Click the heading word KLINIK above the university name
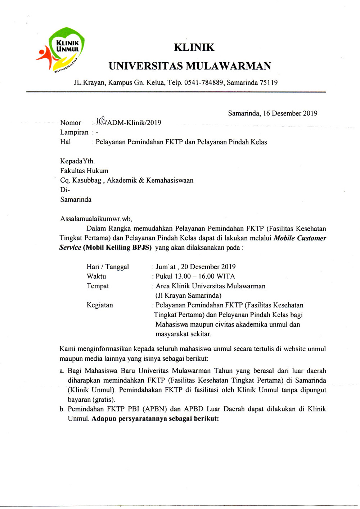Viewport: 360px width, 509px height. click(194, 48)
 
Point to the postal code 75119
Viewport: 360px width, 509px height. click(269, 83)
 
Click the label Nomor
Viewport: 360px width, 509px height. click(71, 123)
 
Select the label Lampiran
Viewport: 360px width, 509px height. click(74, 132)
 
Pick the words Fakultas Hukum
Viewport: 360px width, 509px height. click(84, 171)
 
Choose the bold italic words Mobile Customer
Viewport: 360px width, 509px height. click(300, 238)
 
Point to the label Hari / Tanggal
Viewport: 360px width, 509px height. click(108, 267)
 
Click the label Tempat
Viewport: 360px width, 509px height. click(98, 286)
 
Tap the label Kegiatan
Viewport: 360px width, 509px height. click(100, 305)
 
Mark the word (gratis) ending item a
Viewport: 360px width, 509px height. click(104, 400)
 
